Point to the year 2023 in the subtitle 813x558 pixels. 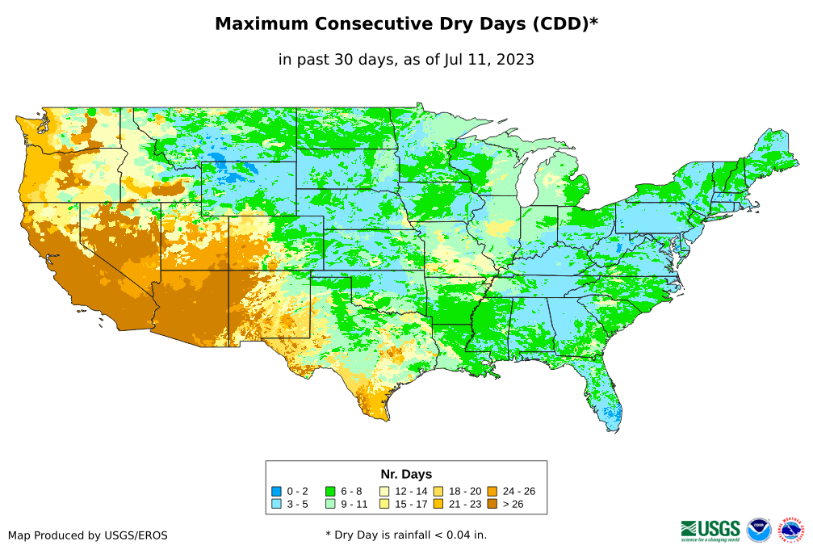515,59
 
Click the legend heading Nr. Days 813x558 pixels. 406,474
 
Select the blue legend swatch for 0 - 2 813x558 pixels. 277,491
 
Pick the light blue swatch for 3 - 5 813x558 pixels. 277,504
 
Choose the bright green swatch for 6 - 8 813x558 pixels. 330,491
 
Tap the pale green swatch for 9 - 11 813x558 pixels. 330,504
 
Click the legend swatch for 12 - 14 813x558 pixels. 384,491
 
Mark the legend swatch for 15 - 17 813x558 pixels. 384,504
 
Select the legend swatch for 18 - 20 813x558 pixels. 438,491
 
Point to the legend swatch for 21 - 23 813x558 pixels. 438,504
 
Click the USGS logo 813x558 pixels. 710,529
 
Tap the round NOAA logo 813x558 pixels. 759,530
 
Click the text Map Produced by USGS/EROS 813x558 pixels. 88,535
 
